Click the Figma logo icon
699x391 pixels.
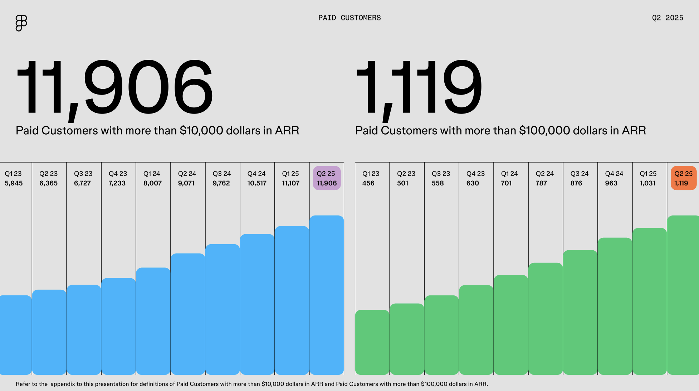[21, 23]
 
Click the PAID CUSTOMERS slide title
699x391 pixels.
[349, 18]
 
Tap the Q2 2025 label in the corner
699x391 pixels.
[667, 18]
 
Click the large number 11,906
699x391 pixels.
[114, 88]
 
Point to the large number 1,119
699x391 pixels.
[419, 88]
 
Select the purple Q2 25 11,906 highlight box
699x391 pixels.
[326, 178]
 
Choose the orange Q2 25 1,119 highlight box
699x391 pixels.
[683, 178]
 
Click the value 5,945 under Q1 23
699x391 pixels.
[14, 183]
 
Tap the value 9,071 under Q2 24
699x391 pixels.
[186, 183]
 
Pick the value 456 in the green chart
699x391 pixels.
[368, 183]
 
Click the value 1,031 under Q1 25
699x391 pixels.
[647, 183]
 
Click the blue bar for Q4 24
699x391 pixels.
[257, 304]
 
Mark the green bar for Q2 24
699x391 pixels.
[545, 319]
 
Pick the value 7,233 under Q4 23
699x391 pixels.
[117, 183]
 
